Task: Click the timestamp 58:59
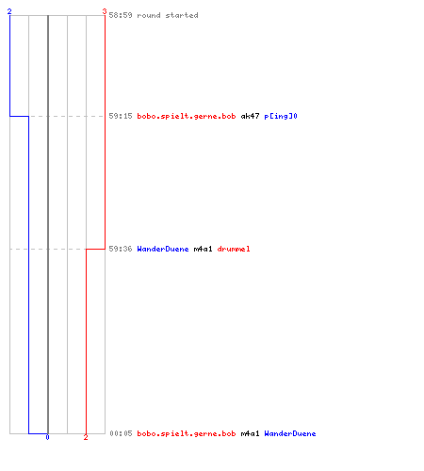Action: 121,15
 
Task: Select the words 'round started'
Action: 168,15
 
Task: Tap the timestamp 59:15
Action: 121,116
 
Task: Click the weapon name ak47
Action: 250,116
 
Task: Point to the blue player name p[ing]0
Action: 281,117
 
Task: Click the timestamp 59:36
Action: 121,249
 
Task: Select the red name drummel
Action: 234,249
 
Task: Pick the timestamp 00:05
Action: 121,433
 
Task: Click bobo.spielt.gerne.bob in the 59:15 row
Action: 187,117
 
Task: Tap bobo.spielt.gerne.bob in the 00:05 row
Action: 187,434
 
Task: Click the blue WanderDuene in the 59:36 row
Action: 163,249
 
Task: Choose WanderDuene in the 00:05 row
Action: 290,433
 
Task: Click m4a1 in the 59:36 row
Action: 203,249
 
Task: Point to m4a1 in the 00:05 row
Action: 250,433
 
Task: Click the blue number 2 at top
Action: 9,11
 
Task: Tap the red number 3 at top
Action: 105,11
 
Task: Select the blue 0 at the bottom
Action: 47,437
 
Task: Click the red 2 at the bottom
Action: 86,437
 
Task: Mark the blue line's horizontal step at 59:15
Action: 19,116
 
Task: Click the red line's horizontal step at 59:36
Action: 95,249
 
